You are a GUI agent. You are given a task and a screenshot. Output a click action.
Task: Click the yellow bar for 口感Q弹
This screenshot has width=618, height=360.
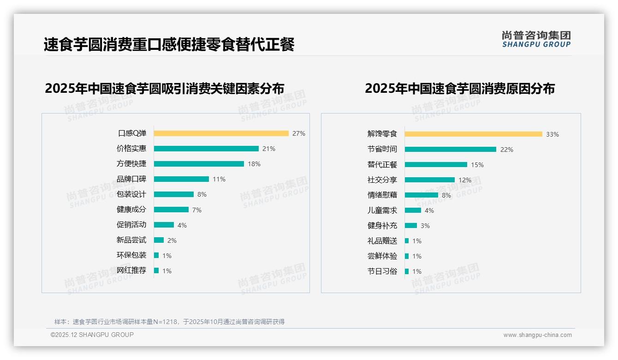pyautogui.click(x=221, y=133)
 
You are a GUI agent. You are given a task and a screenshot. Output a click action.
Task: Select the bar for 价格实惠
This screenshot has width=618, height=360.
pyautogui.click(x=206, y=149)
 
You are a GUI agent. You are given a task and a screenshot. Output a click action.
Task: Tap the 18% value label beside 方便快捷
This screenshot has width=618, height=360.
pyautogui.click(x=254, y=164)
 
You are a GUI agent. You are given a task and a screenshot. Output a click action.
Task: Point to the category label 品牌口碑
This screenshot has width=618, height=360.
pyautogui.click(x=131, y=179)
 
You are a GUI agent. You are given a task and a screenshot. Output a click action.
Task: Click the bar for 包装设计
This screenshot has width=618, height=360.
pyautogui.click(x=174, y=194)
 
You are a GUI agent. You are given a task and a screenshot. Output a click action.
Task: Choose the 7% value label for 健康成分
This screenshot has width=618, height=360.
pyautogui.click(x=197, y=210)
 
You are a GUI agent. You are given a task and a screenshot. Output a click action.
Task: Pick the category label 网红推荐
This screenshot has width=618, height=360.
pyautogui.click(x=131, y=270)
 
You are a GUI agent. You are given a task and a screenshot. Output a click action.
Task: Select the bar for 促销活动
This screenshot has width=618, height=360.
pyautogui.click(x=164, y=225)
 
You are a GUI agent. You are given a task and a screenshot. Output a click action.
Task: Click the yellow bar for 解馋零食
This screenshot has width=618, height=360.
pyautogui.click(x=473, y=134)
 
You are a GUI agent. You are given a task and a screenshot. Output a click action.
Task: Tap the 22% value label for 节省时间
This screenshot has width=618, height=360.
pyautogui.click(x=507, y=150)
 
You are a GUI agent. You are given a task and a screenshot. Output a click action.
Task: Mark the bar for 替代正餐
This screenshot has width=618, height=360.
pyautogui.click(x=436, y=165)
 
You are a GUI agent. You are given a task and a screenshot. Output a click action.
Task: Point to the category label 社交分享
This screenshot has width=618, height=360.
pyautogui.click(x=382, y=180)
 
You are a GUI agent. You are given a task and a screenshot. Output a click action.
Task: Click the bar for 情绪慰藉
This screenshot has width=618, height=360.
pyautogui.click(x=421, y=195)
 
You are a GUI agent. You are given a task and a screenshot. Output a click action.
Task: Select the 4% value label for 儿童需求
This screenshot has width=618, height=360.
pyautogui.click(x=429, y=210)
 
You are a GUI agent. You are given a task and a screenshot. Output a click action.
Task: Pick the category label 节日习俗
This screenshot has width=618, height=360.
pyautogui.click(x=382, y=271)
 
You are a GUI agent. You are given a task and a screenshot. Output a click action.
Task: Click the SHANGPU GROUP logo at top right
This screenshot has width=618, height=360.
pyautogui.click(x=536, y=39)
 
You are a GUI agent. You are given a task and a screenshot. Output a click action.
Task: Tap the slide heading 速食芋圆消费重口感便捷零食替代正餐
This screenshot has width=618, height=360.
pyautogui.click(x=169, y=45)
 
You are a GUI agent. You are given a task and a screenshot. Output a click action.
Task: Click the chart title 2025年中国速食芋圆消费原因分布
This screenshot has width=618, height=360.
pyautogui.click(x=460, y=88)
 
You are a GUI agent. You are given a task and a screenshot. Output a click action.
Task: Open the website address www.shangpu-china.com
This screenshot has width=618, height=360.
pyautogui.click(x=537, y=335)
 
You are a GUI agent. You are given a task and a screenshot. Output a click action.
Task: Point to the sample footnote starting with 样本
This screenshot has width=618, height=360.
pyautogui.click(x=169, y=322)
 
